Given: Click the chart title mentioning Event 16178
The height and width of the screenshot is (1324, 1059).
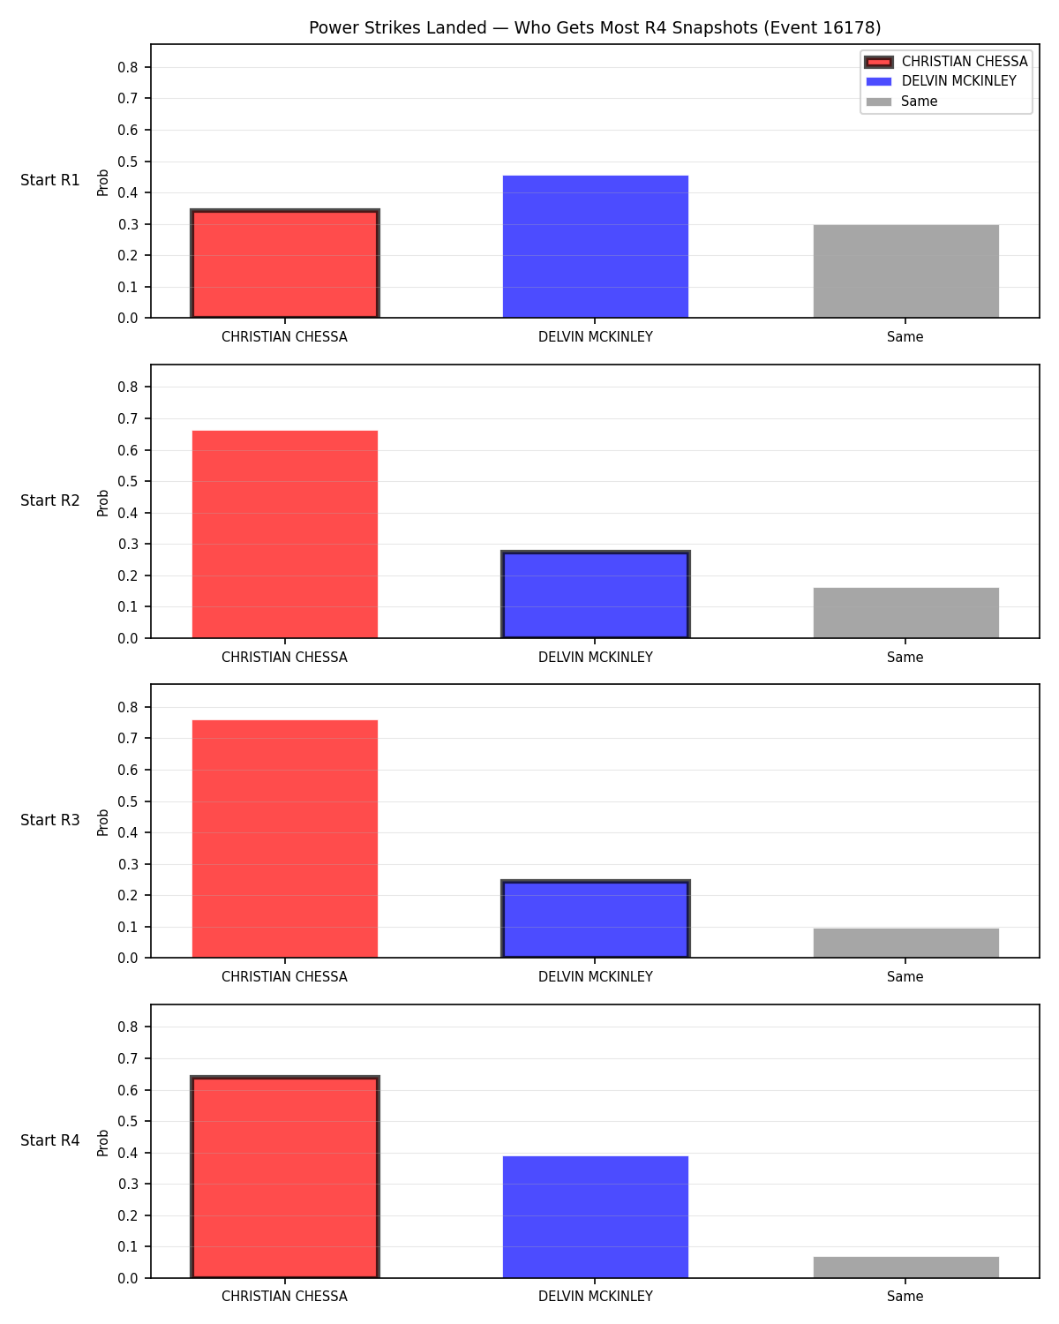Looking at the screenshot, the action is (x=595, y=27).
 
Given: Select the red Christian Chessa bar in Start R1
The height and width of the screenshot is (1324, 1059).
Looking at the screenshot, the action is (x=285, y=263).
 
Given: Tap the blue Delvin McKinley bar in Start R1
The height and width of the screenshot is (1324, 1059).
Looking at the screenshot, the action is (x=595, y=247).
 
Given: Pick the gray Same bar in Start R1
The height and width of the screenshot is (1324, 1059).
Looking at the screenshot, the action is (x=905, y=271).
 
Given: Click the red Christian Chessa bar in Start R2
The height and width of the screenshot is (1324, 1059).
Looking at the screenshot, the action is (x=285, y=534).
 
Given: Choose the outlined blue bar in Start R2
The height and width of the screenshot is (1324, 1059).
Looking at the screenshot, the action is (x=595, y=594).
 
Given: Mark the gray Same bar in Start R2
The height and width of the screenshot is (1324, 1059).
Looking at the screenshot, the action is (x=905, y=613).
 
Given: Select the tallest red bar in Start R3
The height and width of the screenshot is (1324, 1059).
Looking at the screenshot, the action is (x=285, y=839).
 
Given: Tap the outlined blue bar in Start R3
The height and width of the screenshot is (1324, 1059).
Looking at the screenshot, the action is (x=595, y=919).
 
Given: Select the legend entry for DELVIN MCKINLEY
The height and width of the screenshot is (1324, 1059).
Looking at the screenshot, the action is (x=941, y=81).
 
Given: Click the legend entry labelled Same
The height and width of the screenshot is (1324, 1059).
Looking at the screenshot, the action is (x=901, y=102).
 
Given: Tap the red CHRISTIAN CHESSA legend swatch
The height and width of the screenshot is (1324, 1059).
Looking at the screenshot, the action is (x=878, y=62).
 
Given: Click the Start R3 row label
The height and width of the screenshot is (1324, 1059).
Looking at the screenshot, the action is (x=49, y=820).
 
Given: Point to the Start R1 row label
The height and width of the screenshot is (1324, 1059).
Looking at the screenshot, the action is (x=49, y=180).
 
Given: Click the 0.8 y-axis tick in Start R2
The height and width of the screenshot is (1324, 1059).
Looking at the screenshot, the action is (x=128, y=387).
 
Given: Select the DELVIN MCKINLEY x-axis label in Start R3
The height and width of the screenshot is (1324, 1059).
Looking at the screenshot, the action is (x=595, y=976).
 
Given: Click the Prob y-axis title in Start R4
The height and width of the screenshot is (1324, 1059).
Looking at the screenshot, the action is (x=102, y=1143).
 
